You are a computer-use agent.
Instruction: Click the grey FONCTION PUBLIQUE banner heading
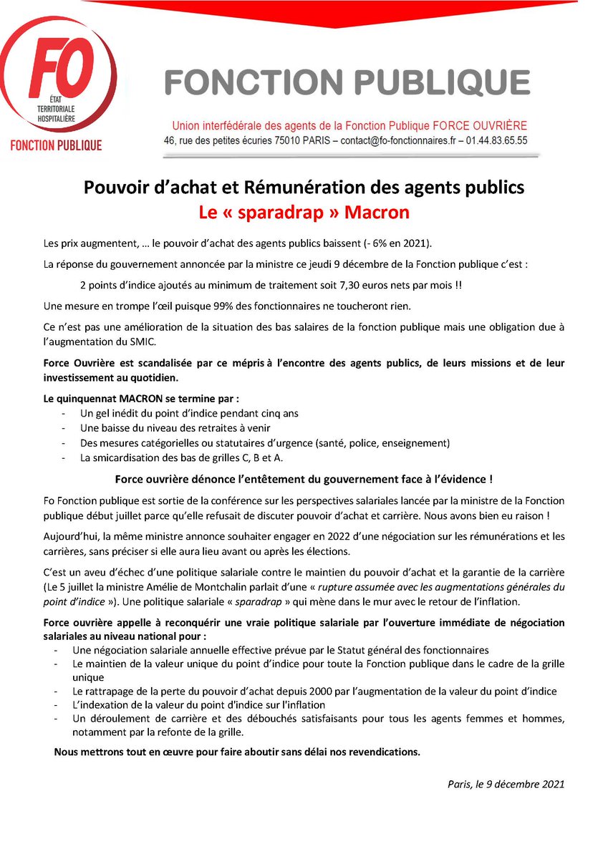tap(347, 82)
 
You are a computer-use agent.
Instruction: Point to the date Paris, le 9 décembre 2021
tap(506, 783)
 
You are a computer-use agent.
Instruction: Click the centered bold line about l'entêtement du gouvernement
tap(304, 478)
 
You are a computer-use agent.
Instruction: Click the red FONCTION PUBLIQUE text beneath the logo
tap(56, 145)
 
